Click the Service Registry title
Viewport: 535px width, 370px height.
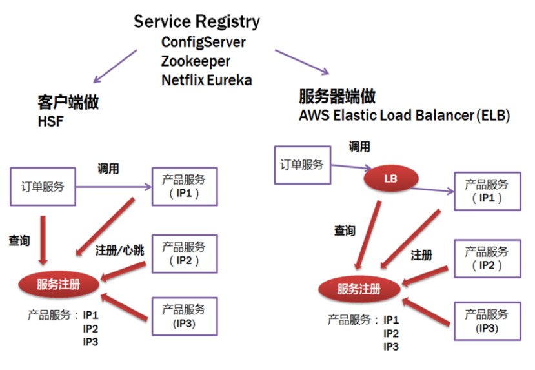(x=197, y=21)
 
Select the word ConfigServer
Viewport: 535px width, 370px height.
(x=203, y=42)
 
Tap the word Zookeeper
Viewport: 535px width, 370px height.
(x=196, y=61)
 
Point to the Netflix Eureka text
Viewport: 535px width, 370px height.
(x=207, y=81)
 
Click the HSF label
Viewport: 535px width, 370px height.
(x=51, y=121)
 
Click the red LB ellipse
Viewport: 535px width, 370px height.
(x=390, y=177)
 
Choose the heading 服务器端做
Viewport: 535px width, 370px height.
(x=337, y=97)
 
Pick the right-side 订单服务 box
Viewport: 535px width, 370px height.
(x=301, y=165)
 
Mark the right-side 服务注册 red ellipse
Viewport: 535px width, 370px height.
(x=359, y=289)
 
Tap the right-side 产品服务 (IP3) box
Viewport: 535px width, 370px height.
(x=487, y=321)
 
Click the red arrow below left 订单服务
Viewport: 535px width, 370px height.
(x=43, y=239)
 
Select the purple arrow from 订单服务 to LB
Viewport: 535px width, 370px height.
(x=348, y=169)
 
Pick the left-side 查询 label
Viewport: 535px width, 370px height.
(x=19, y=240)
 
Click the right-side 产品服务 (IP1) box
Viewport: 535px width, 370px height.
(x=487, y=192)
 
